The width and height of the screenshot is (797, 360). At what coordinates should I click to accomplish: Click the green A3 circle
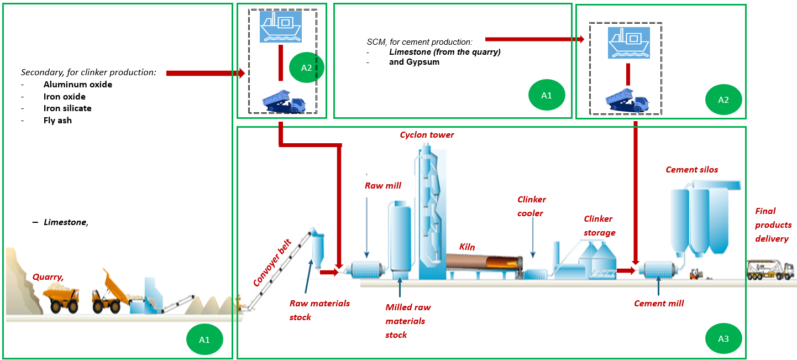click(723, 339)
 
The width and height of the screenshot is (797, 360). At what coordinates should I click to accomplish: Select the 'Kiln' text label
click(467, 247)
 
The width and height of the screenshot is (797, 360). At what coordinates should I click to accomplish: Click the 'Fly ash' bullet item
click(57, 120)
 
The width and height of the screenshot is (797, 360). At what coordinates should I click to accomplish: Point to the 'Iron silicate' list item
click(67, 108)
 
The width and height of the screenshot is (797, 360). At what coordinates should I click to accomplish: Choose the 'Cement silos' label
click(691, 170)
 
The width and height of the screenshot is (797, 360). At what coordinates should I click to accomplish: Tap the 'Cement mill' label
click(659, 303)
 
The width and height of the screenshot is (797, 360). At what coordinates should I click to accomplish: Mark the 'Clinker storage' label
click(599, 226)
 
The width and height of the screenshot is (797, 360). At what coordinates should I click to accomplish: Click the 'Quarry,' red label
click(48, 276)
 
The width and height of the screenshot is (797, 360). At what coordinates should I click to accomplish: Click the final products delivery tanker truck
click(770, 270)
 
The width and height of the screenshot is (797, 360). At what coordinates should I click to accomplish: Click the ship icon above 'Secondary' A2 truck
click(281, 26)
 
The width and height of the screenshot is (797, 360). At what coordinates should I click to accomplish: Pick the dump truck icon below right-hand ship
click(628, 101)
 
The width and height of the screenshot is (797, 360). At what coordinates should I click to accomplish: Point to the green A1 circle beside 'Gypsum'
click(546, 95)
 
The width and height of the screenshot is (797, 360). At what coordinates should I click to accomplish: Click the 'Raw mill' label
click(382, 186)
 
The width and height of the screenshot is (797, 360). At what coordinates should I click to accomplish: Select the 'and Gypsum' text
click(414, 62)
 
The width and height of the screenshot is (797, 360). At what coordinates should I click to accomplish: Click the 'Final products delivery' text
click(773, 225)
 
